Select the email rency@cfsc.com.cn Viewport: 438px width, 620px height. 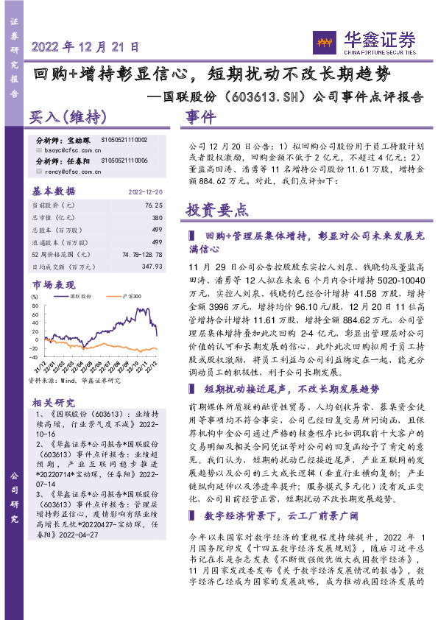(65, 172)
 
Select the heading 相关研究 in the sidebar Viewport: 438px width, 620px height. (53, 403)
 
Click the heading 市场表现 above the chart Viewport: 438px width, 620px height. (53, 284)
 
